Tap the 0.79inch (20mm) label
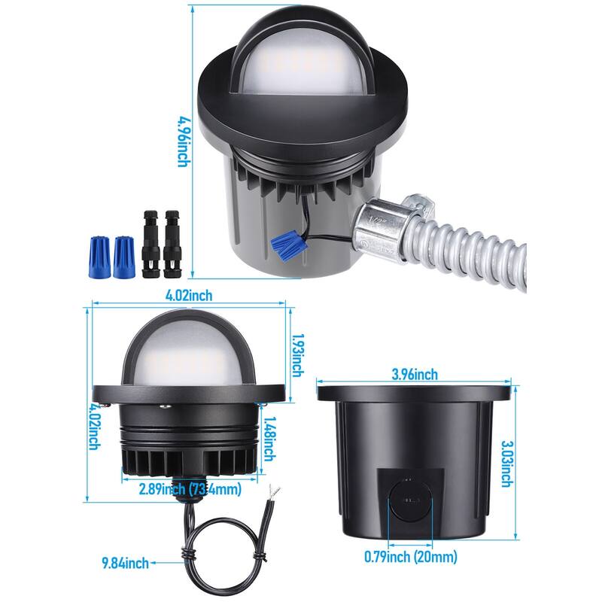pos(410,558)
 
